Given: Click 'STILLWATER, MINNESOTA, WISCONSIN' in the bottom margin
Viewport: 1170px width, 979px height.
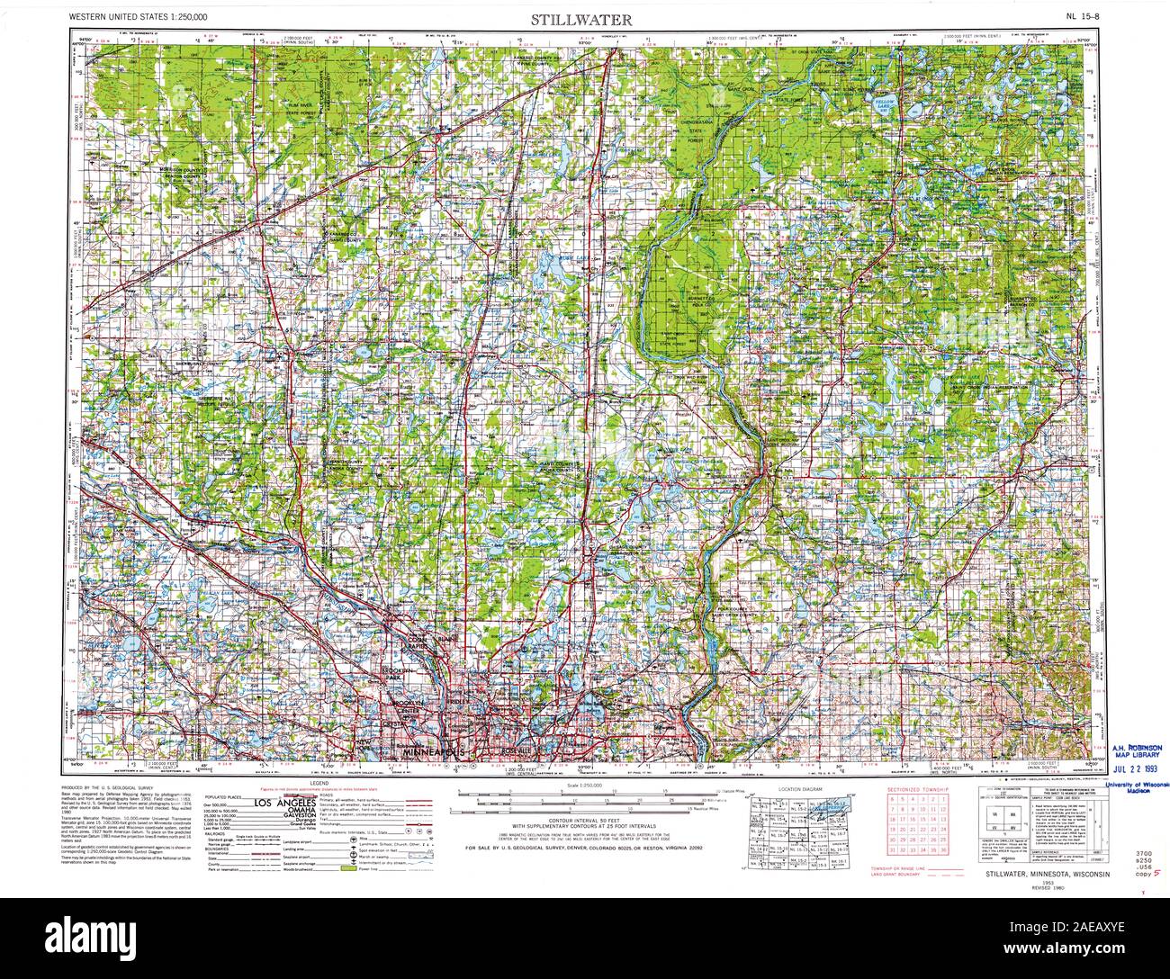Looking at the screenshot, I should (x=1047, y=874).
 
